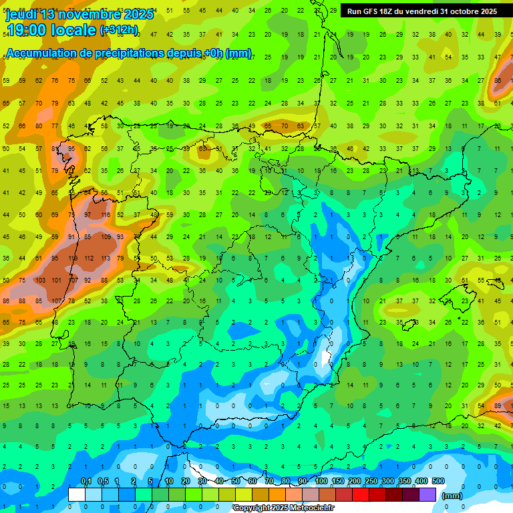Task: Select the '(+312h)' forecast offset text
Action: [x=119, y=29]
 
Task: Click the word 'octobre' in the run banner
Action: [x=465, y=11]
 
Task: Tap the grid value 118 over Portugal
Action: [x=72, y=259]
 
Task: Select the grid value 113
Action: [x=104, y=259]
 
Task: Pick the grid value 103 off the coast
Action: [x=39, y=280]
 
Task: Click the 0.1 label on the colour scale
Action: [x=85, y=481]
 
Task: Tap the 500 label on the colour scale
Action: [x=438, y=481]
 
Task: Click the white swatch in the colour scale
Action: [x=77, y=494]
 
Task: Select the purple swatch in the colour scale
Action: [x=427, y=494]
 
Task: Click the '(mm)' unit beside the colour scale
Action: [x=452, y=496]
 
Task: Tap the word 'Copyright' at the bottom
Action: [x=251, y=508]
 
